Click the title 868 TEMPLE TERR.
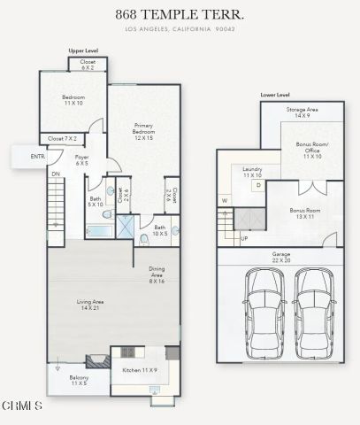pyautogui.click(x=180, y=15)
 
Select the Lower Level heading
pyautogui.click(x=275, y=94)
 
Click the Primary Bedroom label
pyautogui.click(x=144, y=132)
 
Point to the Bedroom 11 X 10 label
pyautogui.click(x=73, y=100)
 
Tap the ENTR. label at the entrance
pyautogui.click(x=37, y=157)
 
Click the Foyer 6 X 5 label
pyautogui.click(x=81, y=160)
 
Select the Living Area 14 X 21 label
pyautogui.click(x=89, y=305)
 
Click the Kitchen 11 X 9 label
pyautogui.click(x=140, y=372)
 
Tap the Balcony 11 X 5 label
pyautogui.click(x=78, y=380)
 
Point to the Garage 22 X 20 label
pyautogui.click(x=280, y=258)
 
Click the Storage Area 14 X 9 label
pyautogui.click(x=303, y=112)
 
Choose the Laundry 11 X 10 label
pyautogui.click(x=251, y=173)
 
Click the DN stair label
pyautogui.click(x=55, y=174)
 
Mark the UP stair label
pyautogui.click(x=244, y=238)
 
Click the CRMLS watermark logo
pyautogui.click(x=22, y=406)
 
